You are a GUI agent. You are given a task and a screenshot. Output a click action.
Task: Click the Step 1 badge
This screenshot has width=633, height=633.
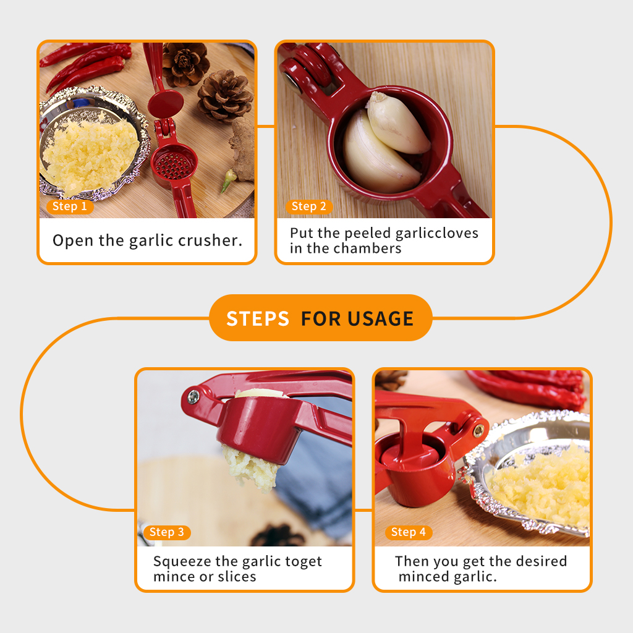(70, 206)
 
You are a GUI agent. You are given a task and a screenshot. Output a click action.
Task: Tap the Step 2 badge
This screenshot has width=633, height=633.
(309, 206)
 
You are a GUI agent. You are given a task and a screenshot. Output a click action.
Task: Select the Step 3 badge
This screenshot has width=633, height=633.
(167, 532)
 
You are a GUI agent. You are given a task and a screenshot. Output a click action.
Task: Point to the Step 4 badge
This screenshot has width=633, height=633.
(409, 532)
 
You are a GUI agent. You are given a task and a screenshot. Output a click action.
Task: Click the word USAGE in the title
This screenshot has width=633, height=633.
(380, 318)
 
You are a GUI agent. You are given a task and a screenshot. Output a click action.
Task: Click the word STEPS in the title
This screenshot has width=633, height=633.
(258, 318)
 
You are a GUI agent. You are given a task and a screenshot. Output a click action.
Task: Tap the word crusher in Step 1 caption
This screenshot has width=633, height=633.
(210, 240)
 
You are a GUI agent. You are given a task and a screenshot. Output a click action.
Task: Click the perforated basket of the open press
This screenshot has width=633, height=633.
(174, 166)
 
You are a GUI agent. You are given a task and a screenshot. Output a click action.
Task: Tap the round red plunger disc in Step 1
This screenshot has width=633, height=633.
(166, 104)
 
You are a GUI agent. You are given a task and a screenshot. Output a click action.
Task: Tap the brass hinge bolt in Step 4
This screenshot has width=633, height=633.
(478, 431)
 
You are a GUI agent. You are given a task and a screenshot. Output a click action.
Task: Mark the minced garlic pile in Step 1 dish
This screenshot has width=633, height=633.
(91, 155)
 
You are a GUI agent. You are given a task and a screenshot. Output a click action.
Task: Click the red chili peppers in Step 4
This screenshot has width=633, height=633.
(529, 388)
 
